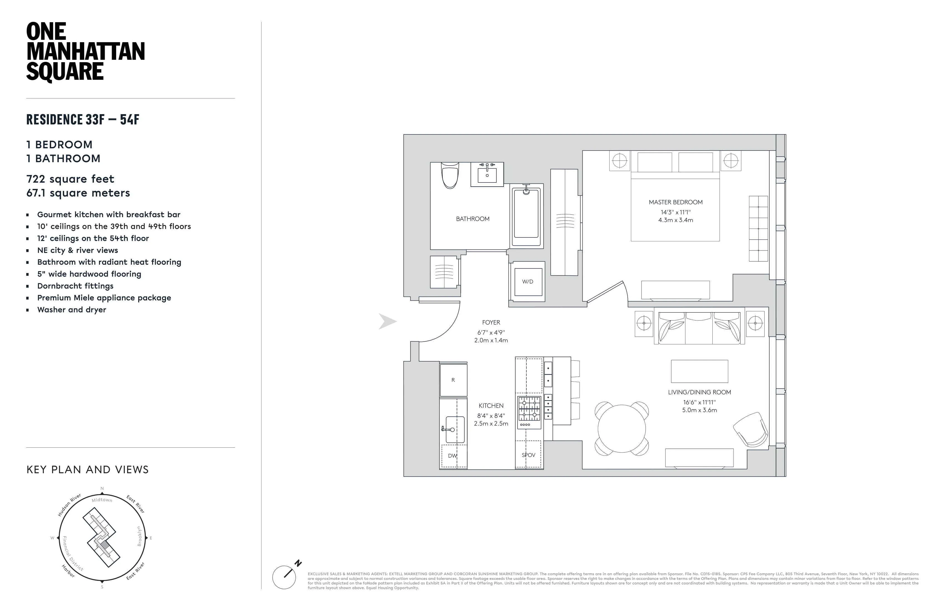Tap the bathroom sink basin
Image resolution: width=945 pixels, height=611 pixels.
click(x=487, y=175)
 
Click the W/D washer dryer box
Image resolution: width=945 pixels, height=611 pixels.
click(x=528, y=282)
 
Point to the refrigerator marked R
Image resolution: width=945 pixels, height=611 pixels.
click(x=453, y=380)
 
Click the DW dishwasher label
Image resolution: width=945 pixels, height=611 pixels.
click(x=452, y=456)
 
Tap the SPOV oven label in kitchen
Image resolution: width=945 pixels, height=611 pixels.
click(x=528, y=455)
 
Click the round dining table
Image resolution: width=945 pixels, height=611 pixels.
click(x=621, y=429)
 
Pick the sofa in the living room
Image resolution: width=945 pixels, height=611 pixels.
click(x=699, y=328)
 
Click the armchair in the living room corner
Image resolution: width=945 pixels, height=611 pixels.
click(x=750, y=430)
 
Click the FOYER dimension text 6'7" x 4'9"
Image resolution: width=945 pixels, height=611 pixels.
click(x=491, y=332)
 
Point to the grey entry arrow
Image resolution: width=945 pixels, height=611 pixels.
click(x=387, y=321)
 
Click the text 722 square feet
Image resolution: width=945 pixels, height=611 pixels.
click(x=70, y=179)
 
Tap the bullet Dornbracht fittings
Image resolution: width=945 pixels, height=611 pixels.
click(x=75, y=286)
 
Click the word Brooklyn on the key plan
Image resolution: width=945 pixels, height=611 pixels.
click(x=139, y=536)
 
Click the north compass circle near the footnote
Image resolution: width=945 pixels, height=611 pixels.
click(x=284, y=577)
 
